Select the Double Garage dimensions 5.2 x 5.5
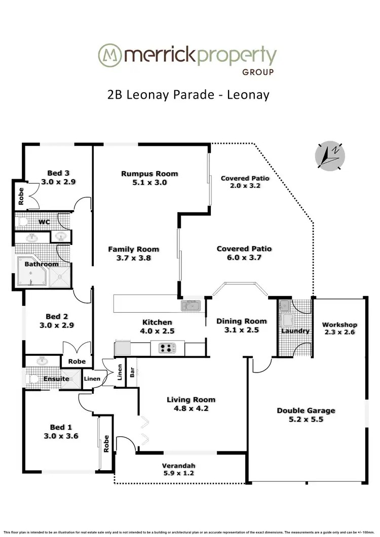[x=306, y=420]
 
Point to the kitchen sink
[x=192, y=305]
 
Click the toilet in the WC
[x=22, y=221]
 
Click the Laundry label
[x=295, y=331]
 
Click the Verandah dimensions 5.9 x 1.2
[x=178, y=474]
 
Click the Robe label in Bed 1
[x=106, y=444]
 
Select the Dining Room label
[x=241, y=321]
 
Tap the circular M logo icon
[x=109, y=54]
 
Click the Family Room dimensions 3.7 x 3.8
[x=133, y=258]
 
